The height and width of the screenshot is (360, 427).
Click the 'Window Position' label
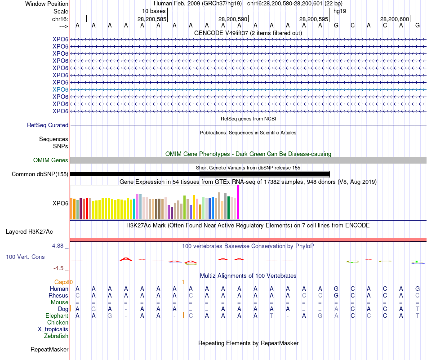[x=47, y=4]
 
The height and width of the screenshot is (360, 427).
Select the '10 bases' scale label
[x=154, y=11]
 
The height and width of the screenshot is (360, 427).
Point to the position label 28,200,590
[x=232, y=19]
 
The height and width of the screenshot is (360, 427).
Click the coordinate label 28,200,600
[x=394, y=19]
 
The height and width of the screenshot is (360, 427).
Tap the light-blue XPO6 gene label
[x=60, y=89]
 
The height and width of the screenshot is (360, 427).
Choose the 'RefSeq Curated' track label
[x=48, y=125]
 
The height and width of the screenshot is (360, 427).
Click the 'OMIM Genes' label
[x=51, y=160]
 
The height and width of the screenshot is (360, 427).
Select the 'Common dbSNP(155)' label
[x=40, y=174]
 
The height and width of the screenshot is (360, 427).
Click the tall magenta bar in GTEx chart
[x=238, y=202]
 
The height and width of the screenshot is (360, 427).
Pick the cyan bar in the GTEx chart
[x=134, y=209]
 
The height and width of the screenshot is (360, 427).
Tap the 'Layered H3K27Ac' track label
[x=29, y=232]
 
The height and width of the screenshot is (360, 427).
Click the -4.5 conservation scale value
[x=58, y=268]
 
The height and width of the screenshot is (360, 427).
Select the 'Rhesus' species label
[x=58, y=296]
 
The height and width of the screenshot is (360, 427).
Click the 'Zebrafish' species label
[x=56, y=336]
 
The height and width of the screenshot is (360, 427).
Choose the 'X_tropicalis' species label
[x=53, y=329]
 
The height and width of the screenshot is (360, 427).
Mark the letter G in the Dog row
[x=93, y=309]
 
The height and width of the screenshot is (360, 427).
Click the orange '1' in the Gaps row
[x=183, y=282]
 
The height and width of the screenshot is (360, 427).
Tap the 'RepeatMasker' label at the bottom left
[x=49, y=349]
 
